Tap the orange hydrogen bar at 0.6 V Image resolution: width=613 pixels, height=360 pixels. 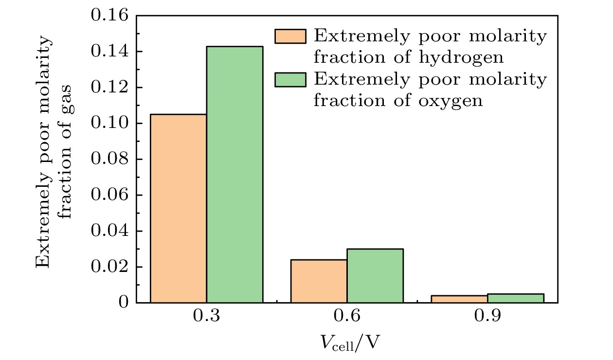tap(319, 281)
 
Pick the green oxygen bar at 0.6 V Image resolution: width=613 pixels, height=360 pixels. tap(375, 276)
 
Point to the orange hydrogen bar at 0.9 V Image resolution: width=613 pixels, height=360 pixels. tap(459, 299)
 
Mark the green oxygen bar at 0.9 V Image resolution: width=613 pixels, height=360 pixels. tap(516, 298)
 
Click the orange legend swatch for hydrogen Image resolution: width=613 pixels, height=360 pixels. tap(290, 36)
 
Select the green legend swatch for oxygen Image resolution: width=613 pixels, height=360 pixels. tap(290, 80)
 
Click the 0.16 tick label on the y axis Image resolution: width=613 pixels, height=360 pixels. tap(110, 16)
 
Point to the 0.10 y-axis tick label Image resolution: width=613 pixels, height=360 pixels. tap(110, 124)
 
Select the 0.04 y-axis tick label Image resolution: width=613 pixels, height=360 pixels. tap(110, 231)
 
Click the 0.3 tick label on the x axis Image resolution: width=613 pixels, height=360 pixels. tap(207, 317)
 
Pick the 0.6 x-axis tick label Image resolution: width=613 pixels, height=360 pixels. tap(347, 317)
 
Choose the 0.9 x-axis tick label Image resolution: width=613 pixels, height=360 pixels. tap(487, 317)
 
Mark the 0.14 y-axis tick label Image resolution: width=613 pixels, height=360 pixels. tap(110, 52)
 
